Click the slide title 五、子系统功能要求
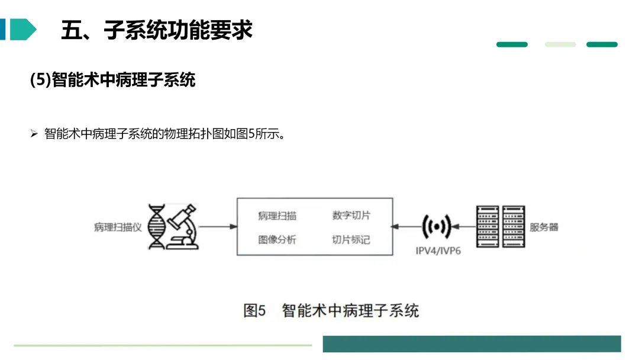pos(157,30)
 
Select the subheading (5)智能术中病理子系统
pos(112,80)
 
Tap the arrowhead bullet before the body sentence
pos(34,134)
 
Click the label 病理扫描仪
pos(118,227)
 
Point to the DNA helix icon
pos(157,227)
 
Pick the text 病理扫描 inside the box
pos(277,216)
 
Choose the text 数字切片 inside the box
pos(351,216)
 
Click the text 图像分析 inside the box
pos(277,240)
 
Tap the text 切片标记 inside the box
pos(351,240)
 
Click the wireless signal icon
pos(437,226)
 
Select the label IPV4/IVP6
pos(438,250)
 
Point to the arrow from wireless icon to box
pos(407,226)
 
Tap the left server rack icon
pos(487,226)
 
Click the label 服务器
pos(544,227)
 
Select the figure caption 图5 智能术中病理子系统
pos(331,310)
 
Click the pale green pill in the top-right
pos(560,44)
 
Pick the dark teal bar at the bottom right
pos(472,344)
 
